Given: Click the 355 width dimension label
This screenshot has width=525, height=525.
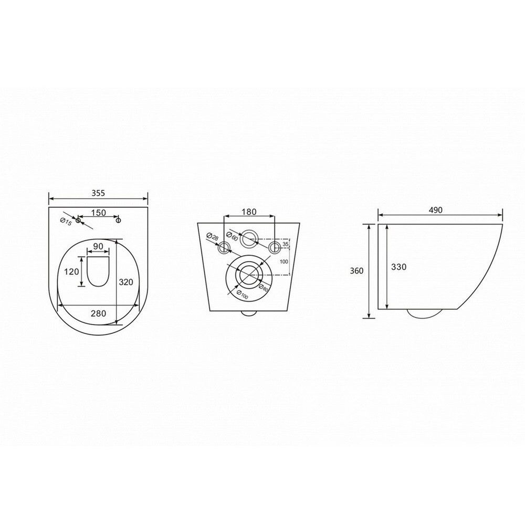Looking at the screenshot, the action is [x=98, y=193].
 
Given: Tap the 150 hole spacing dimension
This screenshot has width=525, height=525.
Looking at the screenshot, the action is [x=99, y=213].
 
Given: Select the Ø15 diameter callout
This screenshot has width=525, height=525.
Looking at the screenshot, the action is [x=66, y=222].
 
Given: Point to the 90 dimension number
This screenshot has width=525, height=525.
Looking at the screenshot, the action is [x=98, y=246].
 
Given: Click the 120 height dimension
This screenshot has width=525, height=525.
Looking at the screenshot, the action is [x=71, y=271].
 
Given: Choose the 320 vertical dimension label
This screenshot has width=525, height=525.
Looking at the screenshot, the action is [x=126, y=282].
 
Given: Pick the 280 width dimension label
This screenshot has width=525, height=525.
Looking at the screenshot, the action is [x=99, y=313].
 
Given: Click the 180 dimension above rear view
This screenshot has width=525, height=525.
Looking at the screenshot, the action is [x=249, y=212].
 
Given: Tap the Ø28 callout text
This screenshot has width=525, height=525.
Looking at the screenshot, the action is [x=213, y=236].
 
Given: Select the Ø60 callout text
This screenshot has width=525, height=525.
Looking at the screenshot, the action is [x=232, y=236].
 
